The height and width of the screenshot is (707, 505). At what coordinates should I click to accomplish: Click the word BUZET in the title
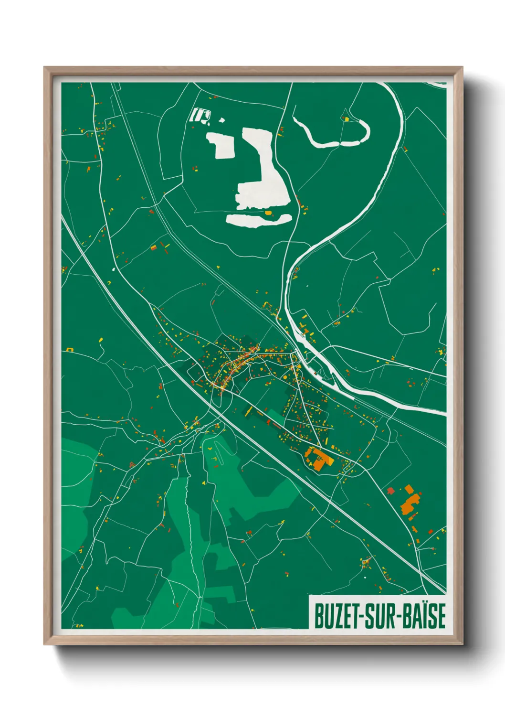tap(337, 616)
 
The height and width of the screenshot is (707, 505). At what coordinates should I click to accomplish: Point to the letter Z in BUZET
tap(337, 616)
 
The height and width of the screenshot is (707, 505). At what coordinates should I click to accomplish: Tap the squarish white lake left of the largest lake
tap(221, 145)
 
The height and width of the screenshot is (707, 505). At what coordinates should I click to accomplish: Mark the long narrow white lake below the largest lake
tap(258, 219)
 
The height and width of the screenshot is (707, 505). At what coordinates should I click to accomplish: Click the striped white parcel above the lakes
tap(200, 115)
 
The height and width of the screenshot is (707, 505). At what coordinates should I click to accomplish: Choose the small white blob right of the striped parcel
tap(221, 120)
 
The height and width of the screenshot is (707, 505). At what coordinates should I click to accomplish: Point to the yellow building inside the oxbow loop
tap(347, 119)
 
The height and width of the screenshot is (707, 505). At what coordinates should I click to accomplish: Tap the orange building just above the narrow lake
tap(268, 212)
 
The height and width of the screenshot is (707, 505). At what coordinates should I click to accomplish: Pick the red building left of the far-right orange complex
tap(390, 491)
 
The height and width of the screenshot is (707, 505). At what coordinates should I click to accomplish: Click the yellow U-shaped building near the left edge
tap(70, 350)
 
